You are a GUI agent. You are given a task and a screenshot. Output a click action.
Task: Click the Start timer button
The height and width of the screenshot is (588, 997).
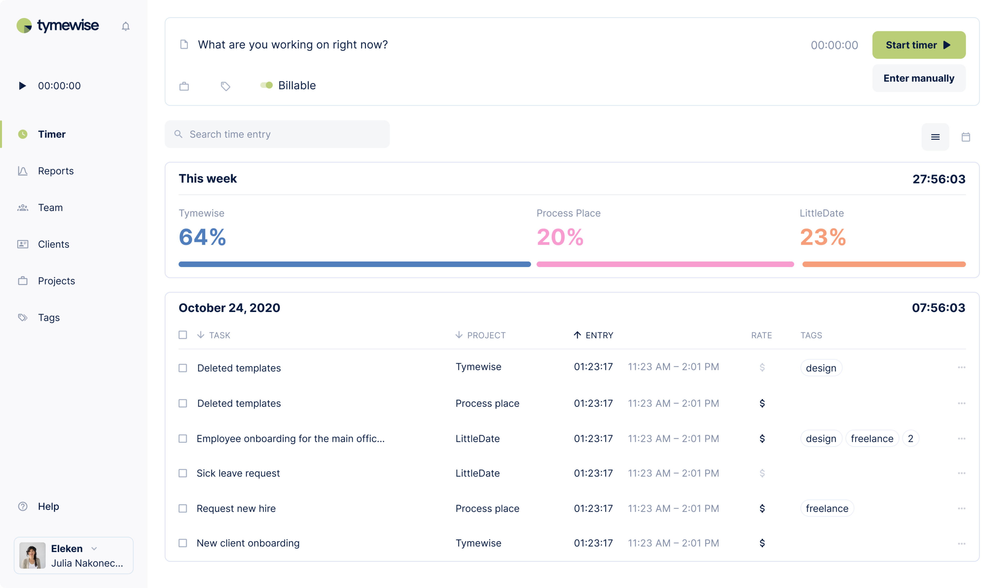[918, 45]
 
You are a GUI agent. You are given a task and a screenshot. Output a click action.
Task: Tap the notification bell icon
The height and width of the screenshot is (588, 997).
[126, 26]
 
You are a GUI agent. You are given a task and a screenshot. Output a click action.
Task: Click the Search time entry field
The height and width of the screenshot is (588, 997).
[278, 134]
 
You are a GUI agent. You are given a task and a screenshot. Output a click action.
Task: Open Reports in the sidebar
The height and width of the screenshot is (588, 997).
[56, 171]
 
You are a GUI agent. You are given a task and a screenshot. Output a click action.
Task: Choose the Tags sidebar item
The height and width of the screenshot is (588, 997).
[49, 317]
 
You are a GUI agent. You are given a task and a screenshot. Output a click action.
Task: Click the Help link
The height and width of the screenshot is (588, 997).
[48, 506]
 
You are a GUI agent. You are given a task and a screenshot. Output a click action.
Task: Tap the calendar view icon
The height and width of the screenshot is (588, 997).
[966, 137]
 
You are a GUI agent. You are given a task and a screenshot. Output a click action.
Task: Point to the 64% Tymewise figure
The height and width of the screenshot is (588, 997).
[202, 237]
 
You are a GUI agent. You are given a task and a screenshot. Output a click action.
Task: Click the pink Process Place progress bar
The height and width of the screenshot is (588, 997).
[665, 264]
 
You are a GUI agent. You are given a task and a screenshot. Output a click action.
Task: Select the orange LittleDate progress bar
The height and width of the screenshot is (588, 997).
[884, 264]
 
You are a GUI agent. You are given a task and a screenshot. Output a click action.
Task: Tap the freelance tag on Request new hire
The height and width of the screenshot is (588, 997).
[827, 508]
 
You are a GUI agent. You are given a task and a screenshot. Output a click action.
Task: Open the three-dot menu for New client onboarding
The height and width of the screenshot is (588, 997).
[961, 543]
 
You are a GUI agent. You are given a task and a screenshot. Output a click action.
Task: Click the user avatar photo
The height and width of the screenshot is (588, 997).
[33, 555]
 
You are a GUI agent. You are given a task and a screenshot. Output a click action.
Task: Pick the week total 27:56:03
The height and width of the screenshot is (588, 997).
[939, 179]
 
